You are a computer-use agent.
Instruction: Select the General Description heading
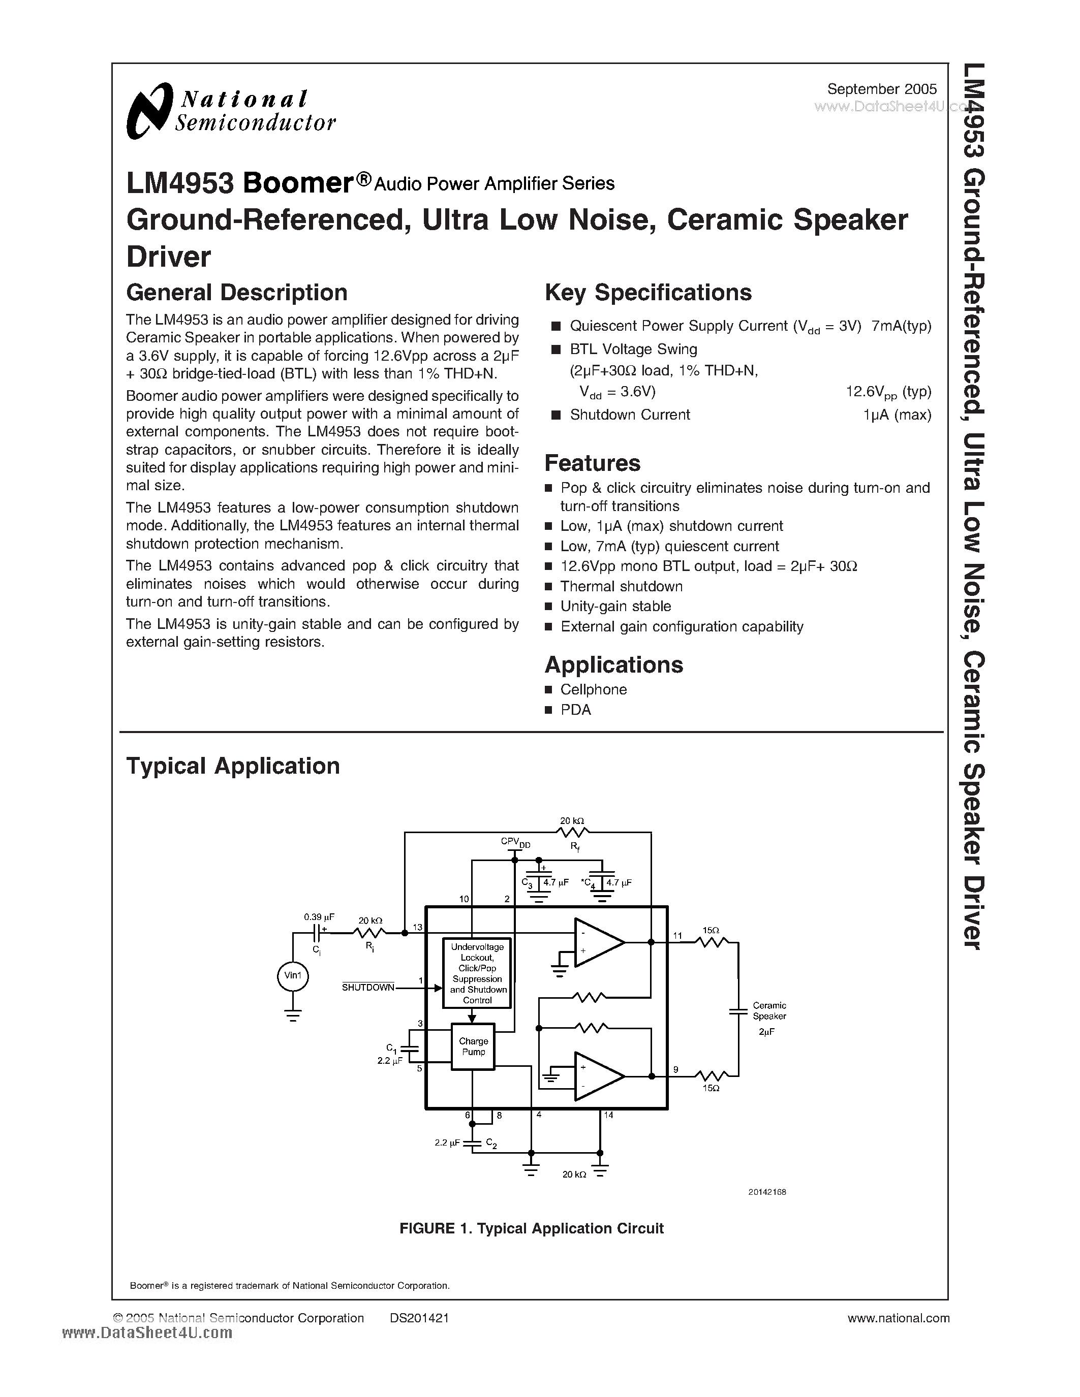pyautogui.click(x=237, y=292)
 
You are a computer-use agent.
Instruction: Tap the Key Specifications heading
pyautogui.click(x=647, y=292)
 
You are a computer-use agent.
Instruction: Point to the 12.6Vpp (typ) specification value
pyautogui.click(x=888, y=392)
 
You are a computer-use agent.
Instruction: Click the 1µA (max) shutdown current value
pyautogui.click(x=897, y=415)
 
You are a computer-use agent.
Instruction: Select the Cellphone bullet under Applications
pyautogui.click(x=593, y=689)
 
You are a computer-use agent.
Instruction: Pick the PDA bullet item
pyautogui.click(x=575, y=710)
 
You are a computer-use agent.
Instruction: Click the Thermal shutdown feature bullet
pyautogui.click(x=621, y=587)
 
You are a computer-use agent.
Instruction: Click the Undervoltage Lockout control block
pyautogui.click(x=477, y=973)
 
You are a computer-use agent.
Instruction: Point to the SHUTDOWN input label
pyautogui.click(x=368, y=988)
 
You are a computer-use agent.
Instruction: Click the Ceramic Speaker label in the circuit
pyautogui.click(x=769, y=1010)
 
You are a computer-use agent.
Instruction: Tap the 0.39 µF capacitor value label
pyautogui.click(x=319, y=916)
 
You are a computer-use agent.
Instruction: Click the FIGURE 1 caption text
pyautogui.click(x=531, y=1228)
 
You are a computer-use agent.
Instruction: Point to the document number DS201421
pyautogui.click(x=419, y=1318)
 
